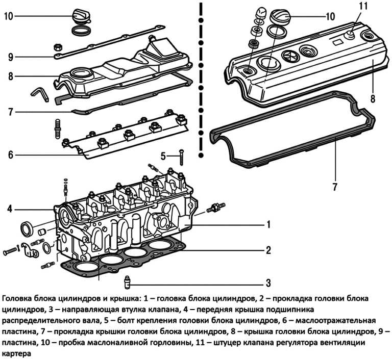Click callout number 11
pyautogui.click(x=362, y=7)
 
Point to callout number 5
pyautogui.click(x=163, y=156)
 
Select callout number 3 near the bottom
pyautogui.click(x=267, y=282)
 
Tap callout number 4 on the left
pyautogui.click(x=9, y=208)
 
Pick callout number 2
pyautogui.click(x=267, y=250)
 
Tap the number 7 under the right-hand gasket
pyautogui.click(x=335, y=187)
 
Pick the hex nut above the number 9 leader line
pyautogui.click(x=57, y=47)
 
